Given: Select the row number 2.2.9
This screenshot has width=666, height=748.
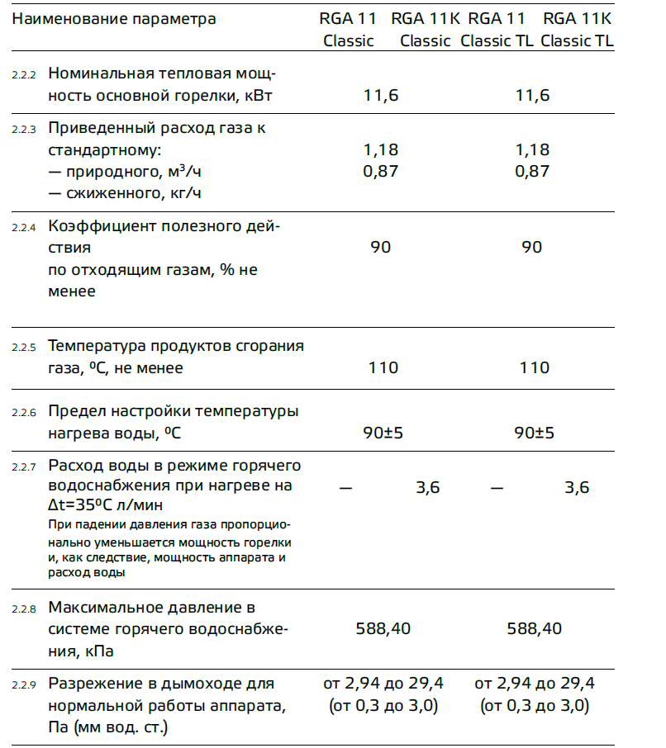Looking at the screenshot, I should [x=24, y=685].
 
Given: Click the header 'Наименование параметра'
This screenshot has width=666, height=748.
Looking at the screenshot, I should [x=114, y=18].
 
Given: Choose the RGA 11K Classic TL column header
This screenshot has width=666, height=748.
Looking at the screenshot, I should [x=578, y=30].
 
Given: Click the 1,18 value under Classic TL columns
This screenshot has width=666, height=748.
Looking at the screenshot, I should [x=532, y=150].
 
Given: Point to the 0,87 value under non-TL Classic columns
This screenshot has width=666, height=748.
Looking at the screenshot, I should [x=381, y=172].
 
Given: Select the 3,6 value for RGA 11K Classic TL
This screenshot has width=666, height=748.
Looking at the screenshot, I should [x=577, y=488].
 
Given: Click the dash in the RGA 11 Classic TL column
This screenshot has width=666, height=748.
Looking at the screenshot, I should [x=497, y=488].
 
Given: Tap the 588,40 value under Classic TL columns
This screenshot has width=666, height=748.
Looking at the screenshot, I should [x=534, y=629].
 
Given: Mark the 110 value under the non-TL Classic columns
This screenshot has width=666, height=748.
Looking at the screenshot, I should [x=383, y=367].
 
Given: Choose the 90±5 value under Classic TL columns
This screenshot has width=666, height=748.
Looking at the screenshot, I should [x=534, y=433].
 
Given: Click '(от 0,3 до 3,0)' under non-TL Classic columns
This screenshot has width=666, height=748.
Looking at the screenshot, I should [x=383, y=706].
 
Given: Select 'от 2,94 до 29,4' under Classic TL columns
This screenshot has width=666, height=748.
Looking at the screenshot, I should [x=534, y=684].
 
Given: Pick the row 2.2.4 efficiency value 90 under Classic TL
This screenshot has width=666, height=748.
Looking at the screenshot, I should [x=532, y=248].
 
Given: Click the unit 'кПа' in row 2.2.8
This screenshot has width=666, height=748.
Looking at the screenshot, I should [x=99, y=651].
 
